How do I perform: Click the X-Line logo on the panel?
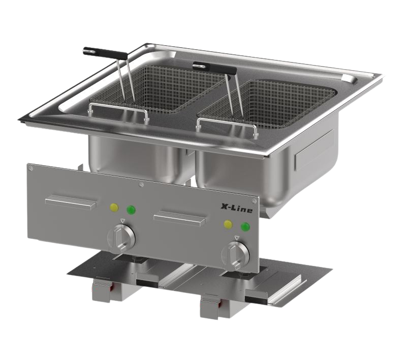click(x=236, y=208)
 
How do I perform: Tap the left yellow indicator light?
click(x=114, y=207)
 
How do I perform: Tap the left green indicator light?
click(x=131, y=209)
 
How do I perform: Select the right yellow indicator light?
click(x=228, y=224)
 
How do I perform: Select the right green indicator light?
click(x=245, y=227)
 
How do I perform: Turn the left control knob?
click(x=121, y=238)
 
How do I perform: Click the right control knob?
click(x=235, y=255)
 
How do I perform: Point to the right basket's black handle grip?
click(x=214, y=67)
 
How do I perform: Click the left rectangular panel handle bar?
click(x=71, y=202)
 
